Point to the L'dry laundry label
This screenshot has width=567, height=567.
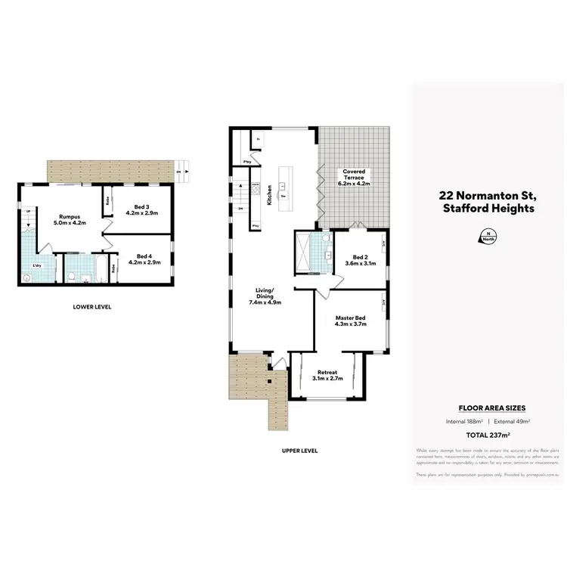pos(36,266)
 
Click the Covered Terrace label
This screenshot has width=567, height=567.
pos(354,175)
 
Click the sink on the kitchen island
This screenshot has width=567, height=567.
pos(283,185)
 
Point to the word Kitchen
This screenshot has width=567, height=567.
pos(268,195)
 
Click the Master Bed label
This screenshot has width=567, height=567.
pos(350,321)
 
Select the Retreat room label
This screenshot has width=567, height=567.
pos(327,373)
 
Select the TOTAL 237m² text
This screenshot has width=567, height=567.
pos(488,435)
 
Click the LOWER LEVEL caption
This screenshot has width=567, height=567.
pos(92,307)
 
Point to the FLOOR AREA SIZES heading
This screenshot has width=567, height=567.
pos(488,407)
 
